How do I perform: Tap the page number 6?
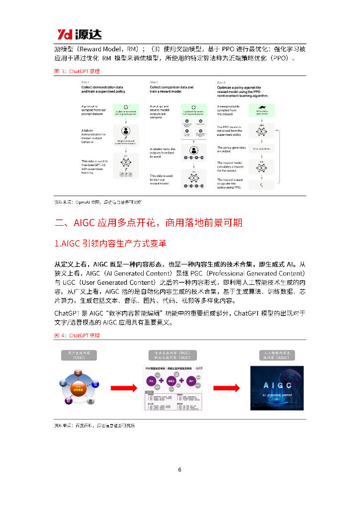(x=180, y=470)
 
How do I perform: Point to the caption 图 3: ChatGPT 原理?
(x=77, y=71)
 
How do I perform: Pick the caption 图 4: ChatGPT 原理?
(x=77, y=336)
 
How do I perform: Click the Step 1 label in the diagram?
(x=85, y=82)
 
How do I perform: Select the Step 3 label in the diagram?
(x=221, y=82)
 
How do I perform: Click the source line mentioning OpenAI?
(x=97, y=202)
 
